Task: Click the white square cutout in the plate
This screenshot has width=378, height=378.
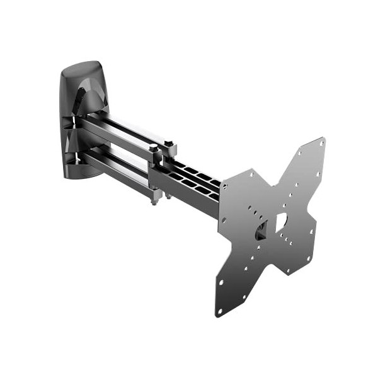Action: click(x=281, y=222)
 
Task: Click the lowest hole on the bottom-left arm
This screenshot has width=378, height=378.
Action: click(x=220, y=311)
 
